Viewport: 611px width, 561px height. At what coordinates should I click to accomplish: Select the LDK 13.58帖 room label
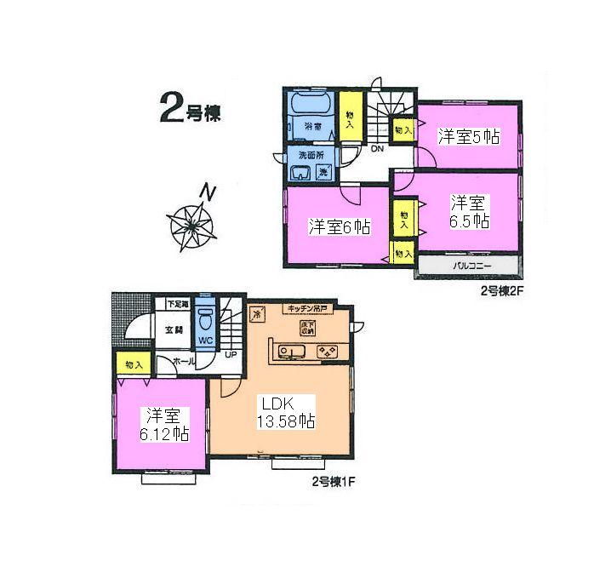pos(286,412)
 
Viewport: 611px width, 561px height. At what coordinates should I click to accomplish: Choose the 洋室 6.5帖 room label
pos(469,211)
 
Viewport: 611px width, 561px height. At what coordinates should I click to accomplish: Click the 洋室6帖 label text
pos(339,226)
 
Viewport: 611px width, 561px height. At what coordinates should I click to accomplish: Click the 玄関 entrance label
pos(173,329)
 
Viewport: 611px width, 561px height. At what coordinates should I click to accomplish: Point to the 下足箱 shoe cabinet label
pos(176,303)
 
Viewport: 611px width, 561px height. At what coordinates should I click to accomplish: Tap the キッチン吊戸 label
pos(307,308)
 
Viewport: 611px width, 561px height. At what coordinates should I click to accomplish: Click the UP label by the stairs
pos(231,355)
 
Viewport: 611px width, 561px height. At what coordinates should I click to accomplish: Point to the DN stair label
pos(376,149)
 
